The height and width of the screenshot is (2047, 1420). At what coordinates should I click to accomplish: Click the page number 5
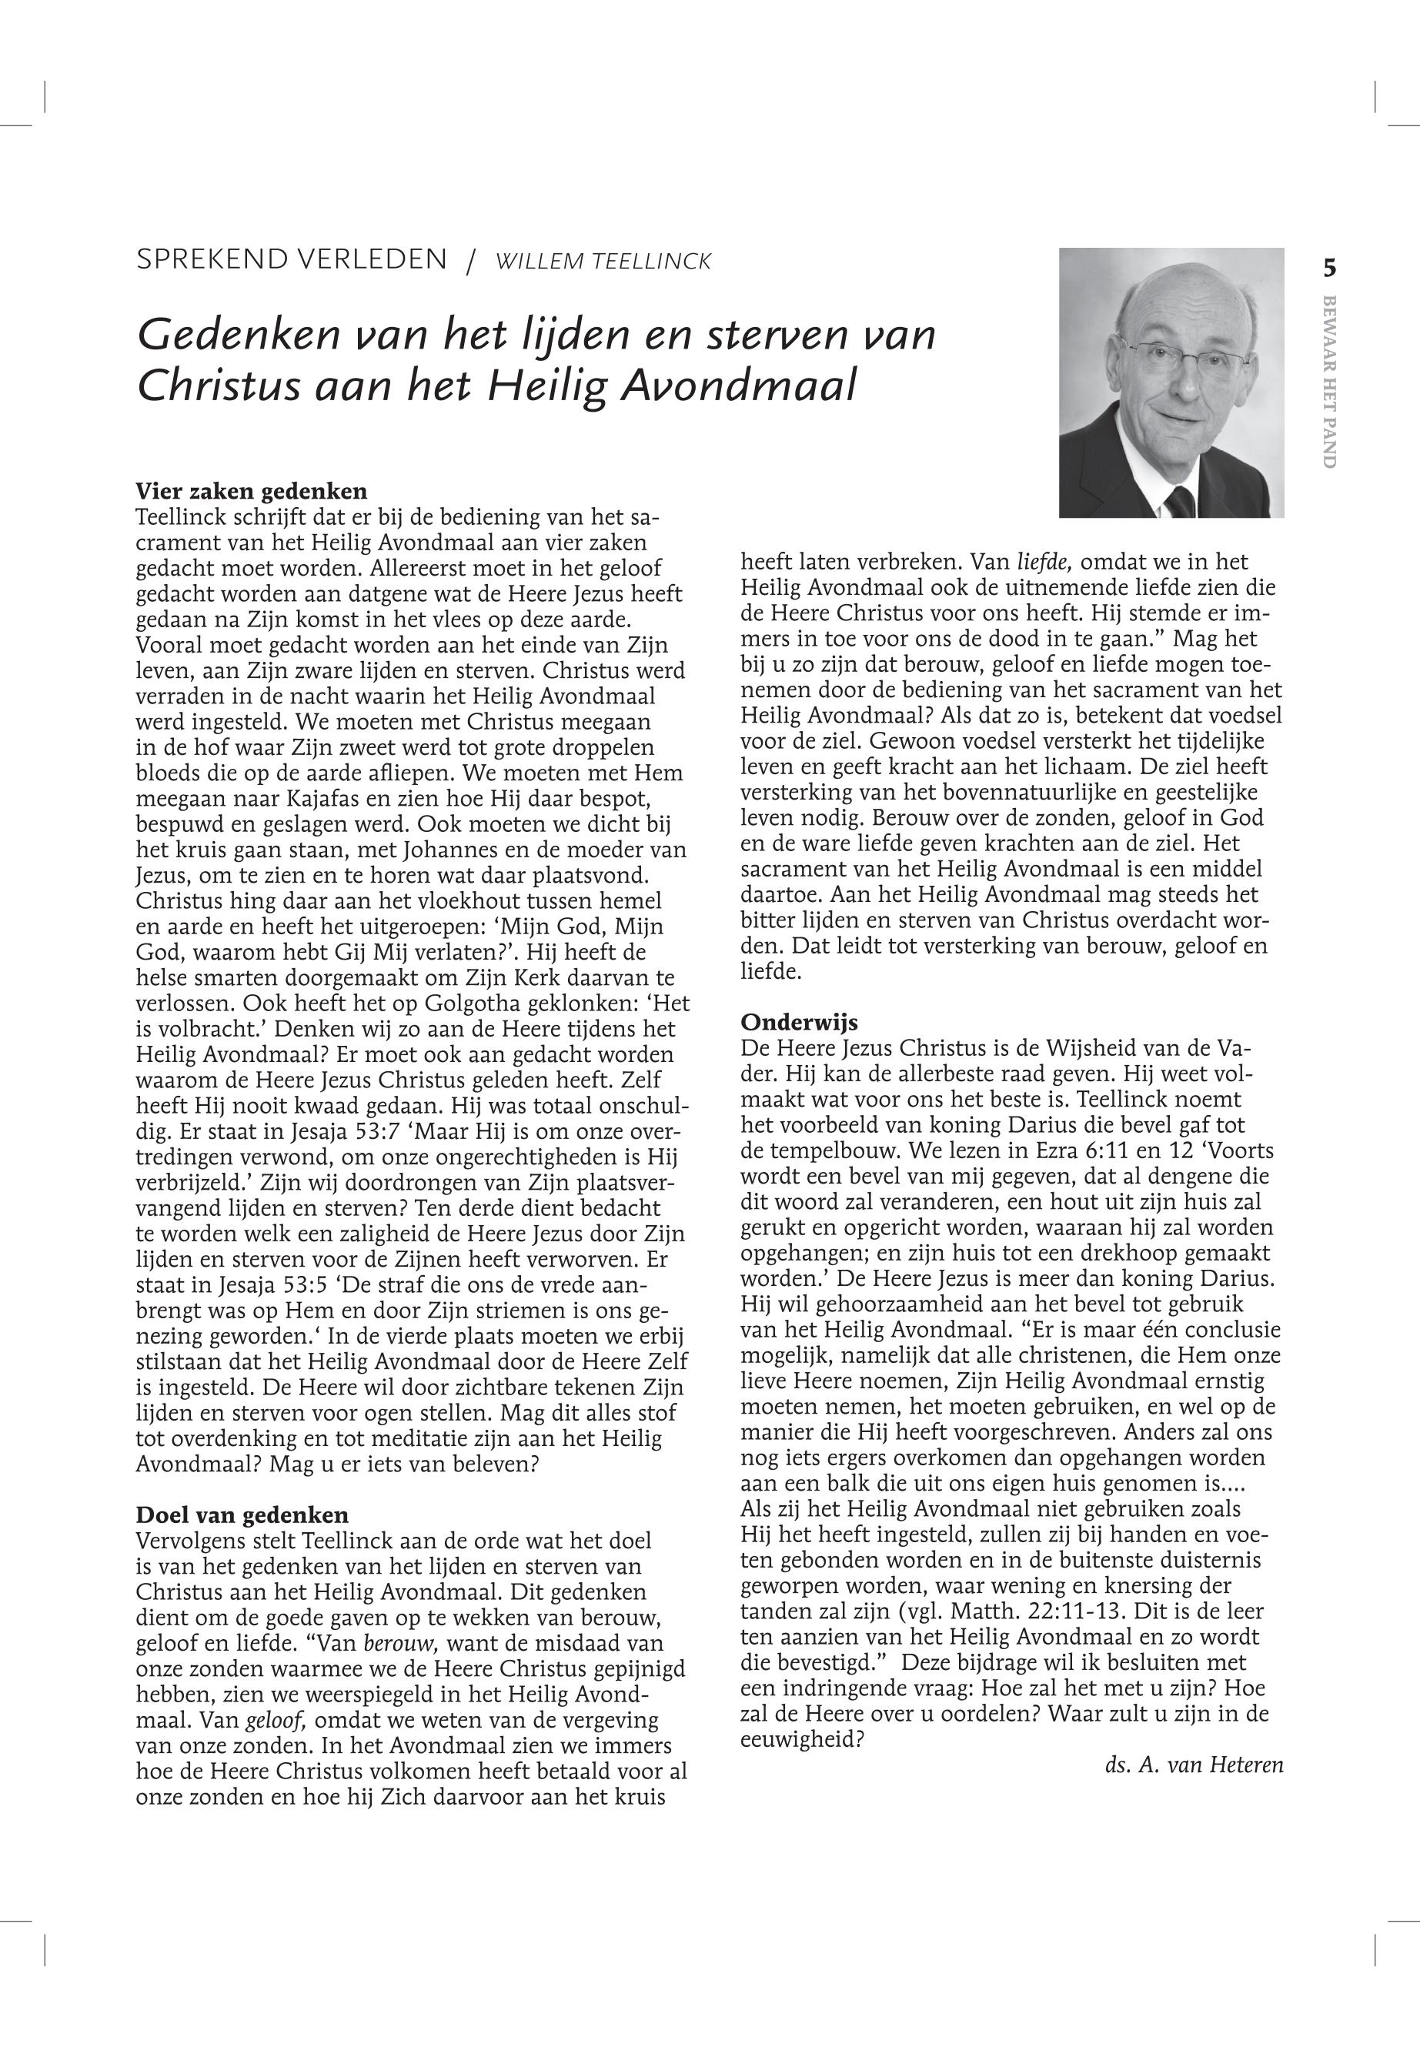click(x=1329, y=268)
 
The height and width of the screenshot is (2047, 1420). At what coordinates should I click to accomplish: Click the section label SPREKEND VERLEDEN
click(x=291, y=260)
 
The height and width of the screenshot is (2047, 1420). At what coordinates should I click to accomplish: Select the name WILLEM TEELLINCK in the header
click(x=603, y=262)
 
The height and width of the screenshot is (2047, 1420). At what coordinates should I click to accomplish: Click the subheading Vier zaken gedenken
click(x=251, y=491)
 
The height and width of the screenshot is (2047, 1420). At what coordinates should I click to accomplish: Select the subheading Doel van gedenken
click(x=242, y=1515)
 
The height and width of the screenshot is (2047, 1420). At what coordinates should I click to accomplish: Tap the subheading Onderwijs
click(x=799, y=1021)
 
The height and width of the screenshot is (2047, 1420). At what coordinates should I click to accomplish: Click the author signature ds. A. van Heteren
click(x=1194, y=1765)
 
